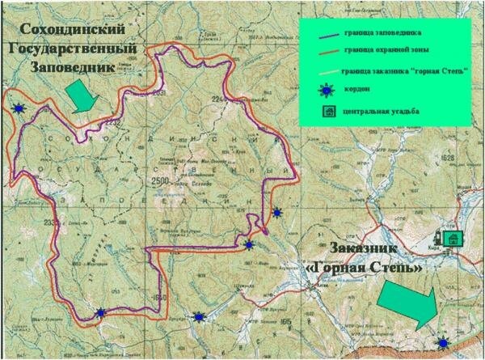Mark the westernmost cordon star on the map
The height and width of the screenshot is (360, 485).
point(18,106)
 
